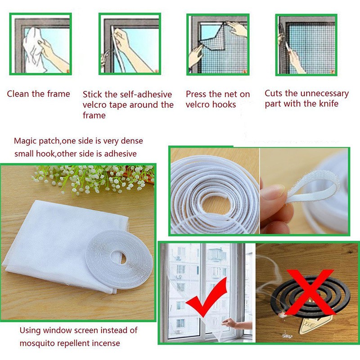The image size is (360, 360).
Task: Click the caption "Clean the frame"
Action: [x=38, y=94]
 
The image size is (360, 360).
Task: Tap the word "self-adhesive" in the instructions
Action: [x=148, y=94]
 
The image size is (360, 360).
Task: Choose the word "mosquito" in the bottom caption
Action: [x=37, y=343]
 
